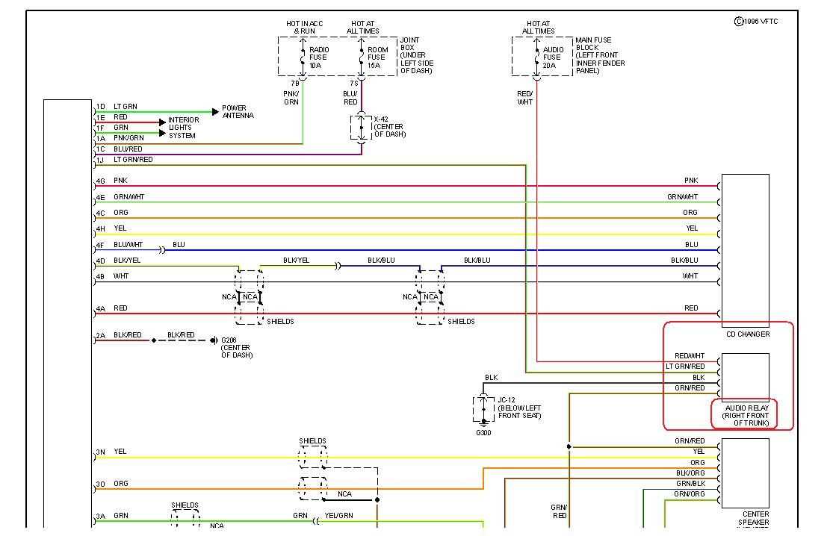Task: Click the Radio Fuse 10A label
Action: pos(319,57)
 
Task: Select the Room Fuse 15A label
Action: pos(377,57)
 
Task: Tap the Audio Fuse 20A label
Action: pos(553,57)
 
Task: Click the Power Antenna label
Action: pos(238,112)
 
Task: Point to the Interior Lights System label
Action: pos(183,128)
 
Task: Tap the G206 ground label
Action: pos(236,348)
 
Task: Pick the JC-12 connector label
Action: pos(518,408)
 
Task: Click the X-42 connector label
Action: pos(389,126)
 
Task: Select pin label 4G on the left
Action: pos(100,181)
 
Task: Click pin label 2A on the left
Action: pos(100,336)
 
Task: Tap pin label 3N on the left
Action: pos(100,452)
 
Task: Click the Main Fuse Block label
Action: pos(599,55)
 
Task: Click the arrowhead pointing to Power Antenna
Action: pos(216,112)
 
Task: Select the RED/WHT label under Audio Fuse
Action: pos(525,98)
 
